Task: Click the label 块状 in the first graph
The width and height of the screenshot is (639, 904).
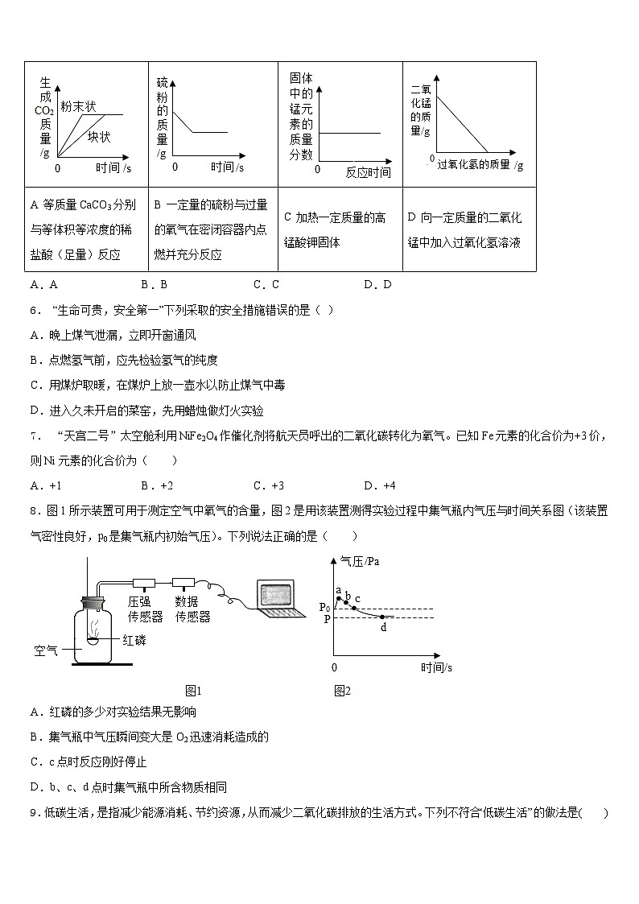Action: tap(100, 137)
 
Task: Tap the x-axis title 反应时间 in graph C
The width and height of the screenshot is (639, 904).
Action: tap(369, 171)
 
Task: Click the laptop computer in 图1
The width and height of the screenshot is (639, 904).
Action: tap(281, 601)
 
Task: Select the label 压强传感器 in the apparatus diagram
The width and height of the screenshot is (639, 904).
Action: tap(145, 609)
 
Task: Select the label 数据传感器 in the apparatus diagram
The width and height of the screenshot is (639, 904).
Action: tap(192, 609)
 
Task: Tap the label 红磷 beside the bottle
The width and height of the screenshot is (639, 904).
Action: tap(135, 640)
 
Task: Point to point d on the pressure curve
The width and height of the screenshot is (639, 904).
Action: tap(382, 617)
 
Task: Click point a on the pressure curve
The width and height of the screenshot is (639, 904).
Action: tap(339, 599)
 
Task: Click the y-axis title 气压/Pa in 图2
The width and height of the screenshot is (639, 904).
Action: tap(360, 562)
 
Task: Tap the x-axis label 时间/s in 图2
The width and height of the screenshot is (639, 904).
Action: tap(436, 667)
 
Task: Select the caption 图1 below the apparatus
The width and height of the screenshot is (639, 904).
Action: tap(192, 690)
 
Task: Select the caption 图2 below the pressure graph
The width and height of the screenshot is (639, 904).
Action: tap(342, 690)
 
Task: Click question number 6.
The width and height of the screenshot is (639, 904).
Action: tap(34, 311)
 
